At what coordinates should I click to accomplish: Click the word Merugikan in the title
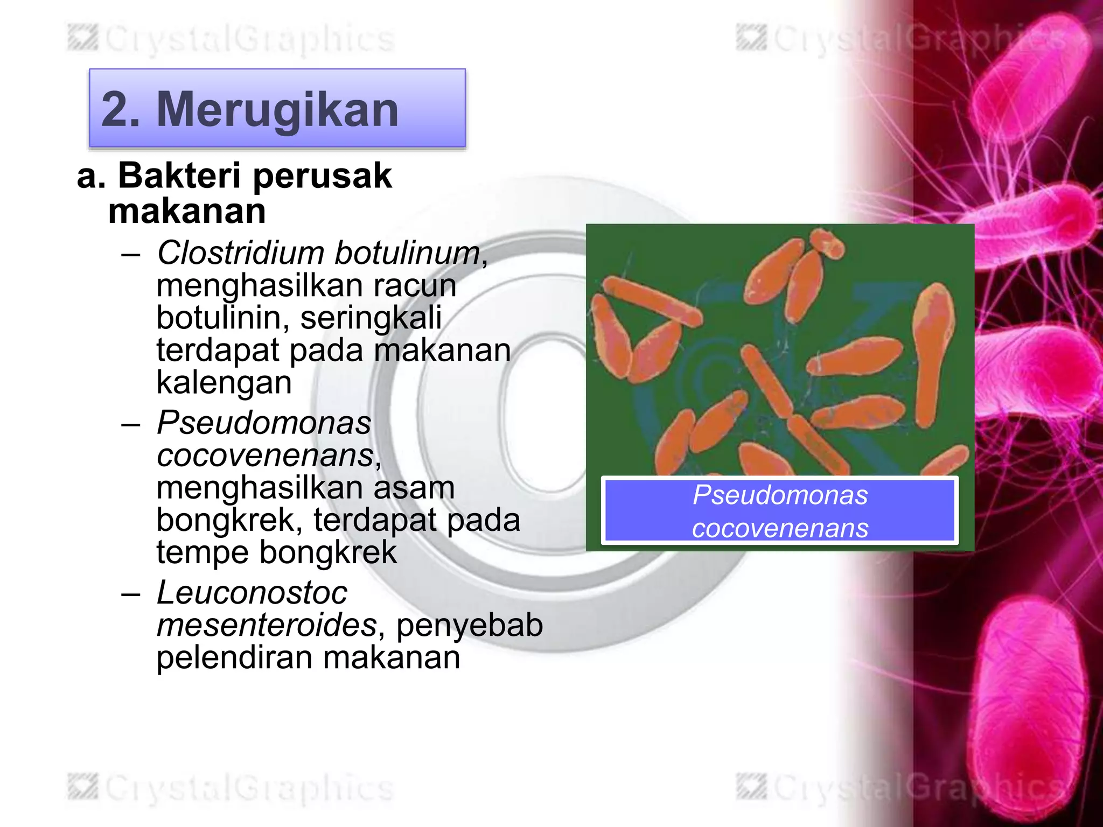point(277,109)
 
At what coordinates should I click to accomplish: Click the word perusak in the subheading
point(322,177)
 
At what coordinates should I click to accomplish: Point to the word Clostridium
point(240,253)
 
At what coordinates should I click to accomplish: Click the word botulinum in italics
point(408,253)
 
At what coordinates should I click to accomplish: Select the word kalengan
point(224,382)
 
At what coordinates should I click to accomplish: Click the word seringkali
point(371,318)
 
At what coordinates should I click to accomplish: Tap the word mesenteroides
point(267,625)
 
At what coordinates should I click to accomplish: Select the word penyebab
point(470,625)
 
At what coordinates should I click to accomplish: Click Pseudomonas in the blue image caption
point(780,495)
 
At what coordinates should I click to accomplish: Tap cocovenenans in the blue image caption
point(780,528)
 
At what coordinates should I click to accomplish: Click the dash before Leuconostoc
point(131,593)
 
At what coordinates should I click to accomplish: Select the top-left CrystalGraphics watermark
point(232,39)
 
